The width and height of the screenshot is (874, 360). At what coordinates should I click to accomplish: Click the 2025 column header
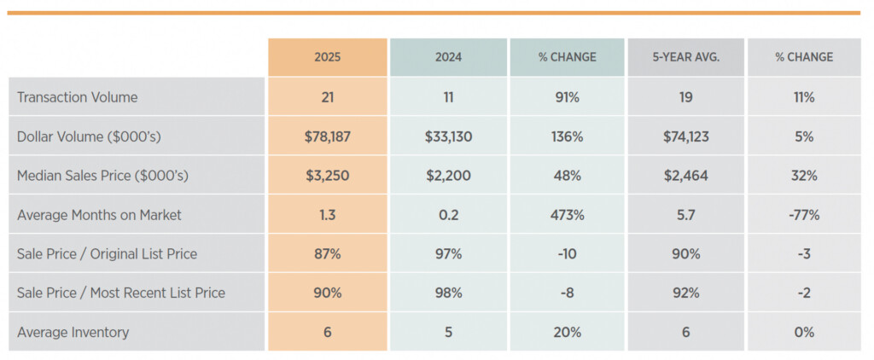click(327, 57)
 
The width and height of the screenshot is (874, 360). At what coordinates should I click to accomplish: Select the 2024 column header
click(448, 57)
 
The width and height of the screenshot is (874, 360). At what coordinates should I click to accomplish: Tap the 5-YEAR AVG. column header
click(685, 57)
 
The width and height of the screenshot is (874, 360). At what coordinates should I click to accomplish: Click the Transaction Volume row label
click(78, 97)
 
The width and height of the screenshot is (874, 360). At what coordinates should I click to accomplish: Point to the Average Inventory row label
click(73, 332)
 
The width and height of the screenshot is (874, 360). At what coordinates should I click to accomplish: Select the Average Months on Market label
click(99, 215)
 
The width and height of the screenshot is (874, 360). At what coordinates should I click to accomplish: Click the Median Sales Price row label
click(102, 176)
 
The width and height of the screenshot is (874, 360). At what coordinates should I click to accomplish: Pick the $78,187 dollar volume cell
click(327, 136)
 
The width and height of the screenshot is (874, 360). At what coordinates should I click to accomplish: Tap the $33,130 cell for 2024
click(448, 136)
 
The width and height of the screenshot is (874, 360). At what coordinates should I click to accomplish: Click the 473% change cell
click(567, 215)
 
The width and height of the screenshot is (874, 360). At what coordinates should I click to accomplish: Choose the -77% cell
click(803, 215)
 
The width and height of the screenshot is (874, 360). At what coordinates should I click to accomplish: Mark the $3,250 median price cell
click(327, 176)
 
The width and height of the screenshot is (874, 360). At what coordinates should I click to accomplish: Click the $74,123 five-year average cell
click(685, 136)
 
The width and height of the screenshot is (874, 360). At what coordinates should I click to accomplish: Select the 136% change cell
click(567, 136)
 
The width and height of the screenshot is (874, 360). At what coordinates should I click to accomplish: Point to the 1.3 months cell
click(327, 215)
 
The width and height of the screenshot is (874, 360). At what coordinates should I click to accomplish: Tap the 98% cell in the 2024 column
click(448, 293)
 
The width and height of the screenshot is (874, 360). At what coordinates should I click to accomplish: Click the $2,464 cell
click(685, 176)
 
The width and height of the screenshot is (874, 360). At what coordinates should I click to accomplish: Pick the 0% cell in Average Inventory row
click(803, 332)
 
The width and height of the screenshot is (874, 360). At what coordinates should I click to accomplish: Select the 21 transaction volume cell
click(327, 97)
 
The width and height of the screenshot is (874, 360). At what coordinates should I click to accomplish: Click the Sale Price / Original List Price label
click(107, 253)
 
